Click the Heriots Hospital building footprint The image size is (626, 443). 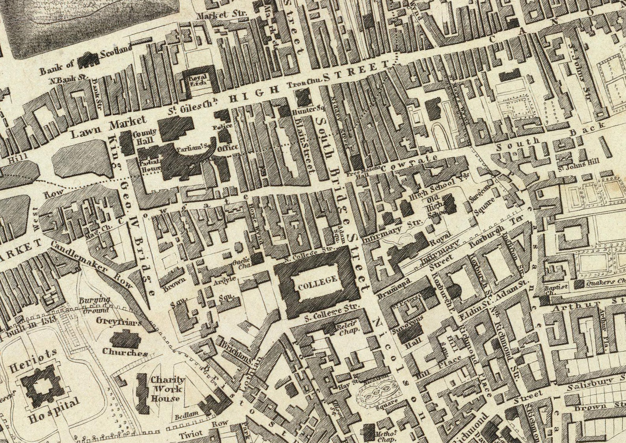click(x=40, y=385)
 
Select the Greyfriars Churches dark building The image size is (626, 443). click(x=125, y=338)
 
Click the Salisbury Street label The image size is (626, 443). click(x=590, y=383)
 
